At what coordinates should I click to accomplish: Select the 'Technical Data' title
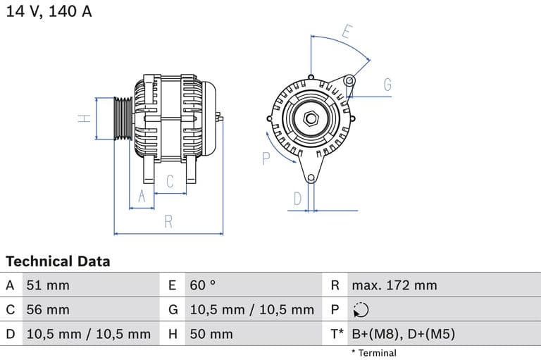pos(58,261)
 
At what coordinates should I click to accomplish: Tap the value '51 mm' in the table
pos(48,285)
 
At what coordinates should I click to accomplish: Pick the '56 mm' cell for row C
pos(48,309)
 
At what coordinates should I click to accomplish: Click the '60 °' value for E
pos(203,285)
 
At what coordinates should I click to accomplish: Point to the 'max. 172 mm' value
pos(394,285)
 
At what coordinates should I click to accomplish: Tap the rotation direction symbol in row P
pos(359,309)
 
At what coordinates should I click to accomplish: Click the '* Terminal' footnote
pos(373,353)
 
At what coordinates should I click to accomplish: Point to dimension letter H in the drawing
pos(85,118)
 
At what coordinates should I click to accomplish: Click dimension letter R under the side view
pos(168,221)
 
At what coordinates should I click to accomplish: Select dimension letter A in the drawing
pos(142,197)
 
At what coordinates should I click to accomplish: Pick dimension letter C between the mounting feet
pos(170,181)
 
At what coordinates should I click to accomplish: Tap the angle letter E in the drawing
pos(347,32)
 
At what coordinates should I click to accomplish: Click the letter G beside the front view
pos(387,85)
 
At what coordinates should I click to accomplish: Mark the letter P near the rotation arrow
pos(266,159)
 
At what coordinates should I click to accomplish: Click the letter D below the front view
pos(297,199)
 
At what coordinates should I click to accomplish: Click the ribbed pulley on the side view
pos(123,118)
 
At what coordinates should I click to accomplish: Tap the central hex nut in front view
pos(310,118)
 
